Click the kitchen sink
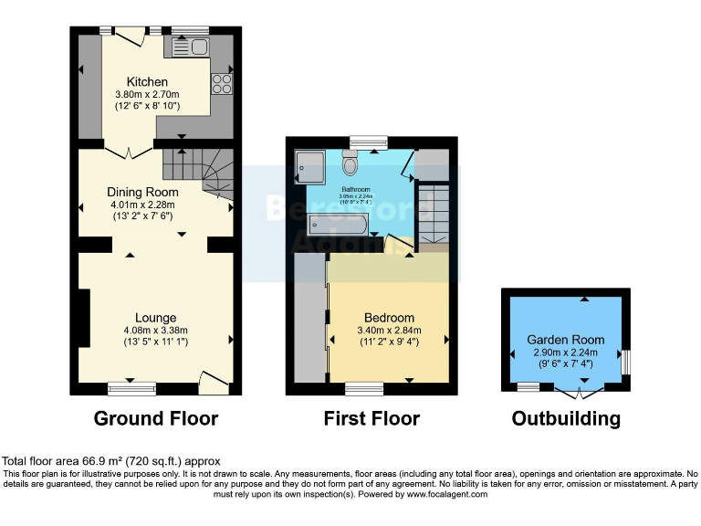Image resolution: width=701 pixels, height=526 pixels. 191,47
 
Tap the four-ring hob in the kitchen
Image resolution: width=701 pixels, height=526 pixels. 221,83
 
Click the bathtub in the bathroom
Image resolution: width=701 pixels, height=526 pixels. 338,224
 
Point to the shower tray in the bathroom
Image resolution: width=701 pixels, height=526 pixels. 310,166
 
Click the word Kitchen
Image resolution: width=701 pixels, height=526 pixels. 147,82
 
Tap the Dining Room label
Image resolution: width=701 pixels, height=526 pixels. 142,193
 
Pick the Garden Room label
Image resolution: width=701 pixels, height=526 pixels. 565,340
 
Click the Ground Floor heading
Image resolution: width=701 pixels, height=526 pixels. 156,419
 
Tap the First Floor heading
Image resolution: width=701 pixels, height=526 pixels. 371,419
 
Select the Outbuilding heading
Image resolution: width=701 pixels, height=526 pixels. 566,419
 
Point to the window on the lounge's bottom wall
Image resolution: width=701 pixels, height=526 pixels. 131,389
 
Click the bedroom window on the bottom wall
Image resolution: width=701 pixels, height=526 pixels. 364,389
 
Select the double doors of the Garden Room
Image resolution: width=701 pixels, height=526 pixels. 579,392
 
